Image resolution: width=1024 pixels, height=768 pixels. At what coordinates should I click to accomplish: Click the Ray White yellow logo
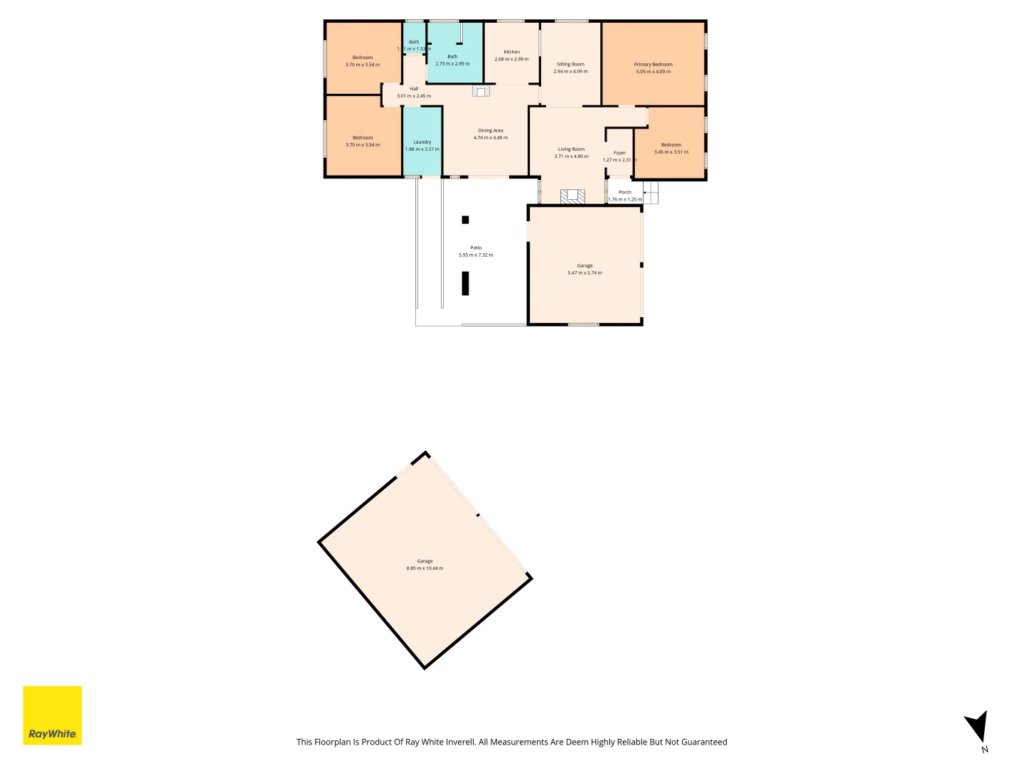tap(53, 715)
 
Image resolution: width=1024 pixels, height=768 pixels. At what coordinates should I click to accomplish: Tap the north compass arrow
tap(978, 727)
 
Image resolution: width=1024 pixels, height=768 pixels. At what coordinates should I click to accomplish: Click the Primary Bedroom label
tap(653, 65)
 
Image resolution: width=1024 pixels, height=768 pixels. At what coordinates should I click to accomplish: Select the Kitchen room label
tap(511, 52)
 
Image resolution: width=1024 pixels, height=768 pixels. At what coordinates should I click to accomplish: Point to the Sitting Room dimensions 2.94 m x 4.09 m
tap(570, 72)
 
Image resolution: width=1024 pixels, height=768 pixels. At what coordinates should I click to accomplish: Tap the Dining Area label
tap(490, 131)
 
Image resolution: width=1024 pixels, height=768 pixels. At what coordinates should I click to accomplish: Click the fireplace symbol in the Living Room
tap(572, 196)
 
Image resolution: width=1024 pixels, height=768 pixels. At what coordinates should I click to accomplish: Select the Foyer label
tap(619, 153)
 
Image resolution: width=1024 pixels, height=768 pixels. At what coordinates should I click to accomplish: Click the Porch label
tap(624, 192)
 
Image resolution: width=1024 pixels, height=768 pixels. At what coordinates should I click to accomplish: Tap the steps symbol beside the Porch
tap(651, 192)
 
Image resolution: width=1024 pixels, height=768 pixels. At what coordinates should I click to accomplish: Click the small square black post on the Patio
tap(465, 220)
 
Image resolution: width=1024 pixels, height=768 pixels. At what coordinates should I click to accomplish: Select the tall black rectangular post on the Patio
tap(465, 282)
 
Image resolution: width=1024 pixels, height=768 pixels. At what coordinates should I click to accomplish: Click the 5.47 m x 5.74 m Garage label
tap(585, 270)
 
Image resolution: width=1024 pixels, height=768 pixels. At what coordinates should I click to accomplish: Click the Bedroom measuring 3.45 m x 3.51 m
tap(671, 148)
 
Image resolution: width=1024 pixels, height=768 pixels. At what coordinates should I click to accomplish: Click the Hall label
tap(414, 89)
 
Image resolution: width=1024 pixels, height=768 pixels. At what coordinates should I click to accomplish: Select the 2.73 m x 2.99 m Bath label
tap(452, 60)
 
